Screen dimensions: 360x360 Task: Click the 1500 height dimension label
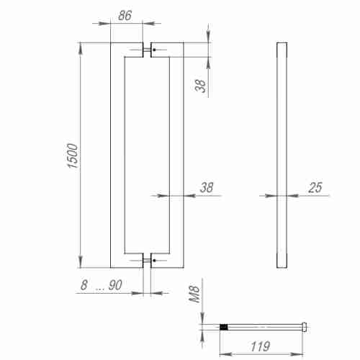(72, 156)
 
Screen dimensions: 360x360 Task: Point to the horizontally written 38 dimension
(207, 188)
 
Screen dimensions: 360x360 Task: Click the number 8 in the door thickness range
(84, 286)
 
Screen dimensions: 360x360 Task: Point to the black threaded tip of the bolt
(225, 327)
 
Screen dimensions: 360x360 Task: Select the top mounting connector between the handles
(148, 50)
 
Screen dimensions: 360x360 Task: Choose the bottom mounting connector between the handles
(148, 260)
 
